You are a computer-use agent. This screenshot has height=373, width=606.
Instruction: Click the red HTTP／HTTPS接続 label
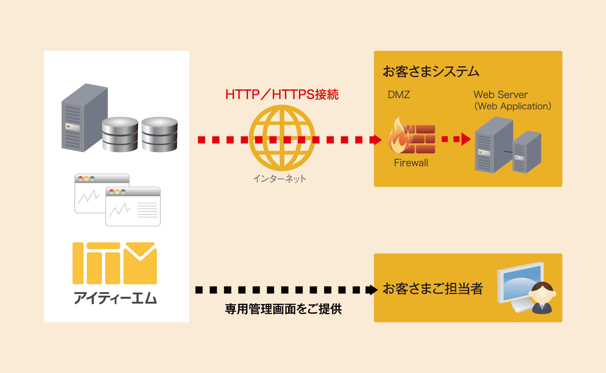pos(282,94)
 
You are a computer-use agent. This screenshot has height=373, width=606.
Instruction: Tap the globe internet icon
pos(282,138)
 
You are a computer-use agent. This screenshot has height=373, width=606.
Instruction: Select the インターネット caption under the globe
pos(280,179)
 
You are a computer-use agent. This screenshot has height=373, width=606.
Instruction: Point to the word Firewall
pos(411,163)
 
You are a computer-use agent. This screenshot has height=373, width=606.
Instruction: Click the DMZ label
pos(399,94)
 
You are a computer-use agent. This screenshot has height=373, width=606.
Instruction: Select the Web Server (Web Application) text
pos(512,100)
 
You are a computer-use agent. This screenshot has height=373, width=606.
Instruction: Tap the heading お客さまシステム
pos(431,72)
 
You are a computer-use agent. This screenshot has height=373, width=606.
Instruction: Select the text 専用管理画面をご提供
pos(283,309)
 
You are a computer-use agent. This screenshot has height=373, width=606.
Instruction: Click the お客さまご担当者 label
pos(433,289)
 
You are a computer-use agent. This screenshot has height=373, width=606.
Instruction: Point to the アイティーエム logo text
pos(115,298)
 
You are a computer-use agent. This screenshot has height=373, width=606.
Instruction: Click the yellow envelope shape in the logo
pos(140,263)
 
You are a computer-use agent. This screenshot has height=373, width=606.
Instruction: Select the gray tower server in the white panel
pos(84,118)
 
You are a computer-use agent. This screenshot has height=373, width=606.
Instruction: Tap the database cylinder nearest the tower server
pos(120,134)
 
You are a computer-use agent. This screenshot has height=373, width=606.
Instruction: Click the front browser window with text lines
pos(133,207)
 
